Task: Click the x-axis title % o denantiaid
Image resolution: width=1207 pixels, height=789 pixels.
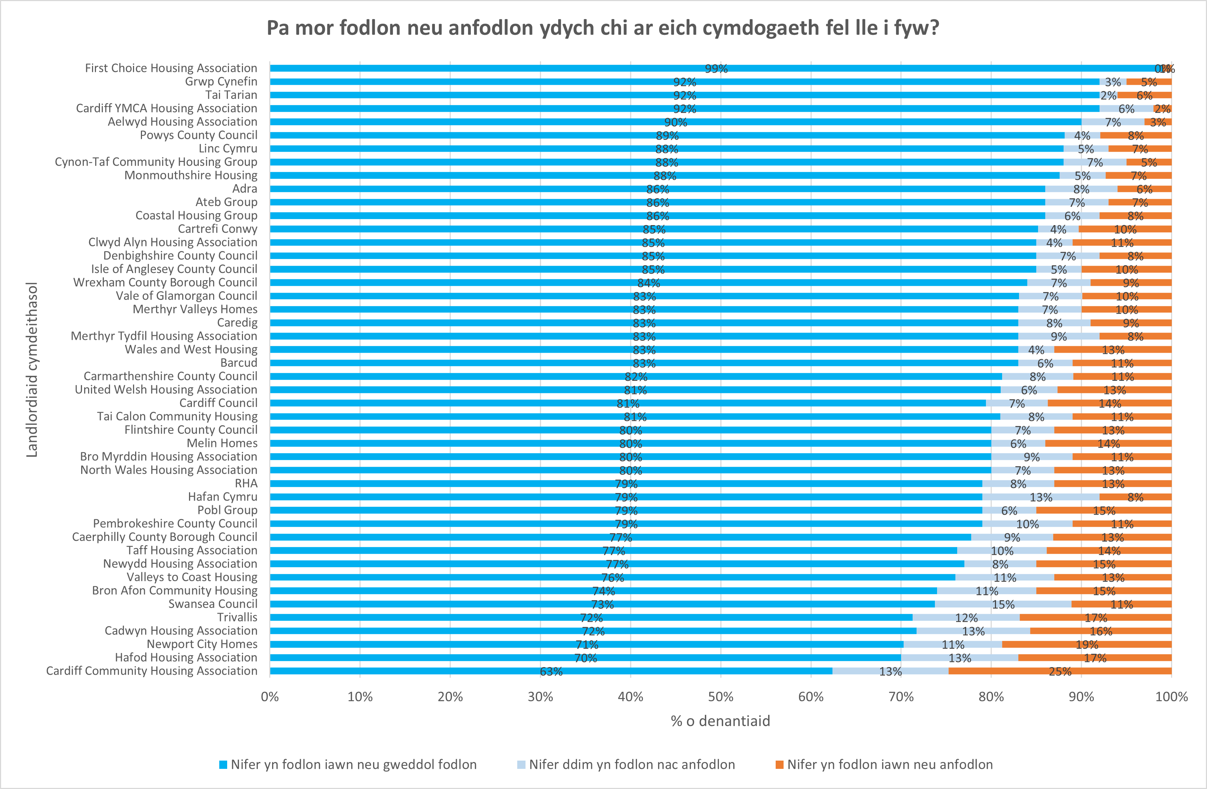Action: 720,721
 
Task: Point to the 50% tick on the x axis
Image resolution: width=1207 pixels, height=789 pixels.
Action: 720,697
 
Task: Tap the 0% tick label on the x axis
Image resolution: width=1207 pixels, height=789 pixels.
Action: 270,697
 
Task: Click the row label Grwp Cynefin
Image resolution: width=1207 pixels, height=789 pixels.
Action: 221,81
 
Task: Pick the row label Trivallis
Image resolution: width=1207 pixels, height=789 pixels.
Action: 237,617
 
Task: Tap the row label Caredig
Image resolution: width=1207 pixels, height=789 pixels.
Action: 237,323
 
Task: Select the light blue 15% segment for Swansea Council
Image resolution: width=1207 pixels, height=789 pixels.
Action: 1003,604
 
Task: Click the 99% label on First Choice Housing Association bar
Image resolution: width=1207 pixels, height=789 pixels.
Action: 716,68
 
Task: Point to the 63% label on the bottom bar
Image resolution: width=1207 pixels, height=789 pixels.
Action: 551,671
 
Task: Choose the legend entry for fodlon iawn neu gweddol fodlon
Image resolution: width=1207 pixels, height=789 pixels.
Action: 353,765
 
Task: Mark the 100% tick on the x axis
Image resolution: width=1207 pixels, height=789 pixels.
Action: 1171,697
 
